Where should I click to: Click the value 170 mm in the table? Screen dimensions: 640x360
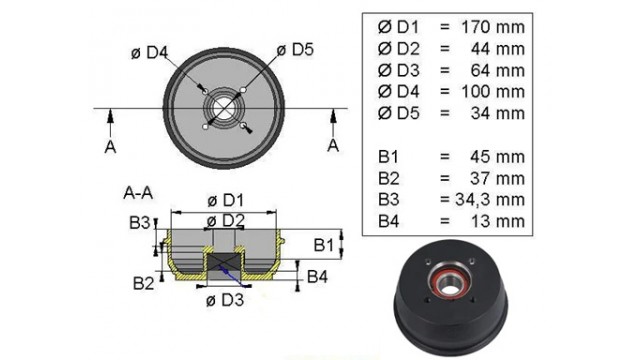[x=493, y=27]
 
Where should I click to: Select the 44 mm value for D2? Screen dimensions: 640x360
[x=498, y=49]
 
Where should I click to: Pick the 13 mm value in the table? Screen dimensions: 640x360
[x=498, y=221]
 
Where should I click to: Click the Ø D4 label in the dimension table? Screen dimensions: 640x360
[x=398, y=91]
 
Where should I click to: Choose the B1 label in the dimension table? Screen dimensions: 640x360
[x=388, y=157]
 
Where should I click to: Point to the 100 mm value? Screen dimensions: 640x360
[x=493, y=91]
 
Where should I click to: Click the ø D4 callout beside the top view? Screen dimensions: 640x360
[x=149, y=53]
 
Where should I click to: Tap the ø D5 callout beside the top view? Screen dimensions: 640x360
[x=295, y=50]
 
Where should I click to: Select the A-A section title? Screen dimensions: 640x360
[x=138, y=193]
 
